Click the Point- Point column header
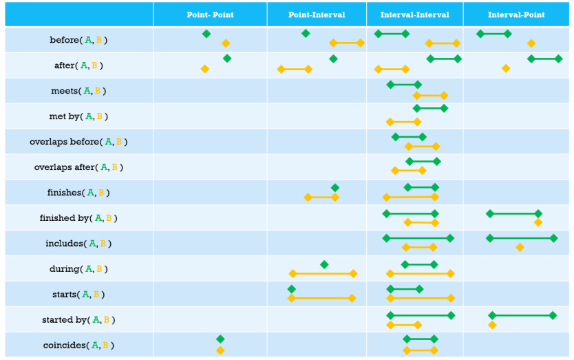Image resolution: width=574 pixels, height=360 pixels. pyautogui.click(x=210, y=15)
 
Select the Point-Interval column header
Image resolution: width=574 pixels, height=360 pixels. pyautogui.click(x=317, y=15)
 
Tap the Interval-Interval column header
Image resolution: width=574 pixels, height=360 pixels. pyautogui.click(x=414, y=15)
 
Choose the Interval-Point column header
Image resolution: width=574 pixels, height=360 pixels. pyautogui.click(x=516, y=15)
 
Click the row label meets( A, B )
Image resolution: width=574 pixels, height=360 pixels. pyautogui.click(x=78, y=91)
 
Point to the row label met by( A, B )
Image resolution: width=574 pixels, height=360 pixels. pyautogui.click(x=78, y=116)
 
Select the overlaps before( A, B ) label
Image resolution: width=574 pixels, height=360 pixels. pyautogui.click(x=78, y=142)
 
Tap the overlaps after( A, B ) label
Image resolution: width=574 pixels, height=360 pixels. pyautogui.click(x=78, y=167)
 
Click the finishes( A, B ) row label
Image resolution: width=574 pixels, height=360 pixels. pyautogui.click(x=78, y=193)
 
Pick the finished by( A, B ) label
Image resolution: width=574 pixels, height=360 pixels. pyautogui.click(x=78, y=218)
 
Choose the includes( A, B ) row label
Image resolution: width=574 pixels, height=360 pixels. pyautogui.click(x=78, y=244)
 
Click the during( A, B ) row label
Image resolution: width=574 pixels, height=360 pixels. pyautogui.click(x=78, y=269)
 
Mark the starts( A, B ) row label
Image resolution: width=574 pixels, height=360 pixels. pyautogui.click(x=78, y=295)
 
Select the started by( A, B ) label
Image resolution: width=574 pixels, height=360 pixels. pyautogui.click(x=78, y=320)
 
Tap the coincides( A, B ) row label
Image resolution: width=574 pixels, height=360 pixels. pyautogui.click(x=78, y=346)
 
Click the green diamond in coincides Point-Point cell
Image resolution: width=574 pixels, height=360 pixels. pyautogui.click(x=220, y=339)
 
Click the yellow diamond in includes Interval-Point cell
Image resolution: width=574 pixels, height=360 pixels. pyautogui.click(x=520, y=247)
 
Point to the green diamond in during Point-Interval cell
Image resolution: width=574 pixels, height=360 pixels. pyautogui.click(x=324, y=264)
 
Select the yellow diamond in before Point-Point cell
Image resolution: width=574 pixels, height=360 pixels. pyautogui.click(x=226, y=43)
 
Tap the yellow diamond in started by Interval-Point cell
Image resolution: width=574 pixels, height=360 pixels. pyautogui.click(x=492, y=325)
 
